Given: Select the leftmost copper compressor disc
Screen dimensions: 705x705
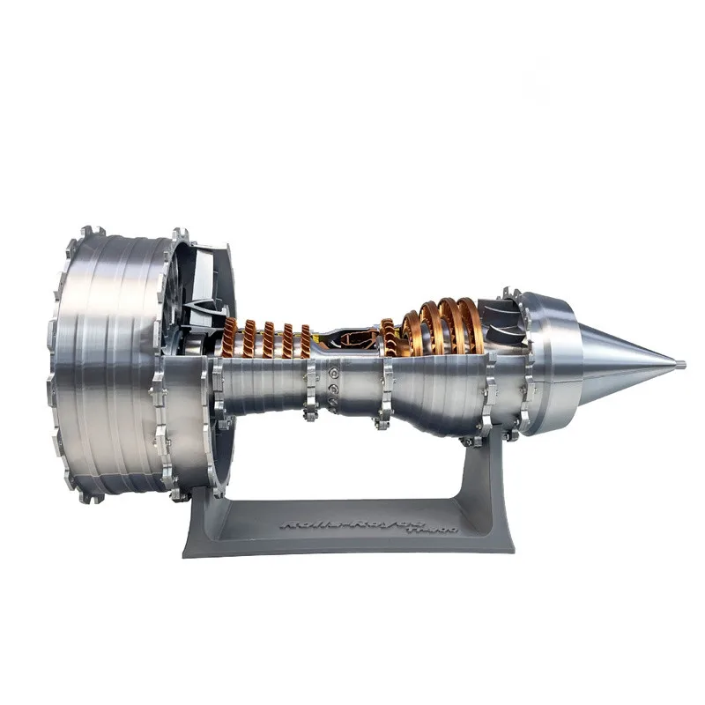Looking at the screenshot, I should (230, 338).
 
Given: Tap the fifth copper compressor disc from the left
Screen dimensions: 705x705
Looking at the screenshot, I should (305, 340).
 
